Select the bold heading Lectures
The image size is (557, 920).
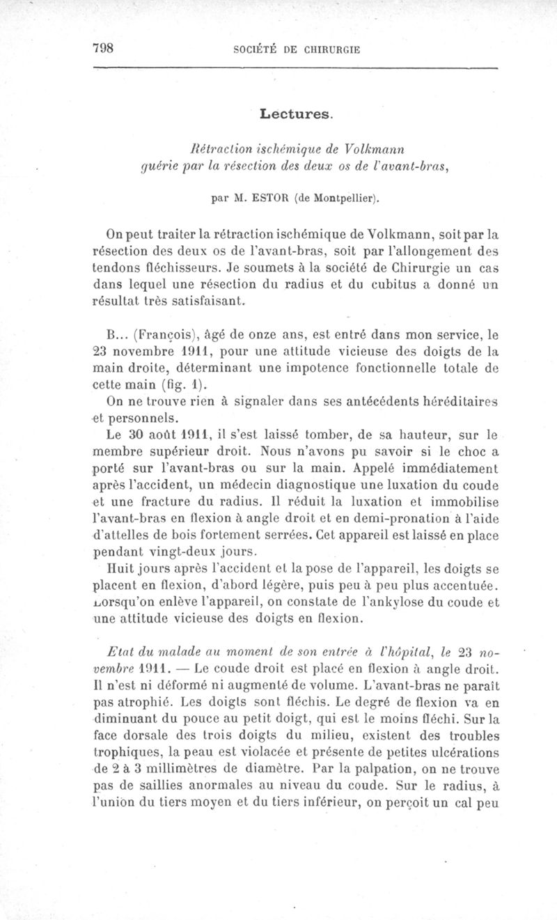pos(297,113)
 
